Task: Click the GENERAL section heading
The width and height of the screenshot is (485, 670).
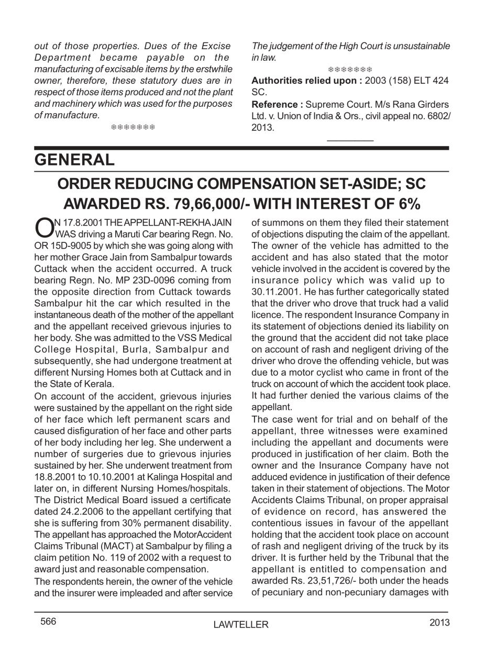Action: click(x=74, y=160)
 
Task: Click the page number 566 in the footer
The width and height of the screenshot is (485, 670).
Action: click(x=48, y=621)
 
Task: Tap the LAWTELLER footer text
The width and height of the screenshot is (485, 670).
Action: click(x=241, y=624)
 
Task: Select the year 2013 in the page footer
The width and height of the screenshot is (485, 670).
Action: click(x=439, y=622)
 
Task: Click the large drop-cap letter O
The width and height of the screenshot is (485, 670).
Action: click(x=42, y=227)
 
